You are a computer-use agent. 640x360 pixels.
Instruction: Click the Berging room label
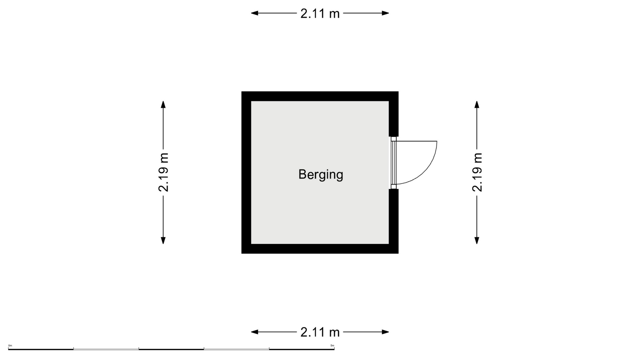[x=321, y=175]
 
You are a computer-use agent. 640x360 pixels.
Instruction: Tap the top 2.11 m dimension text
[x=320, y=14]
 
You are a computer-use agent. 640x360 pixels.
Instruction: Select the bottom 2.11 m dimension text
[x=320, y=332]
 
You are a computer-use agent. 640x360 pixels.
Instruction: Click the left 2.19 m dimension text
[x=163, y=172]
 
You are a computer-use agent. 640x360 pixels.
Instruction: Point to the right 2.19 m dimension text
[x=477, y=172]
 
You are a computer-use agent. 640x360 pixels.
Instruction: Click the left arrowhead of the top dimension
[x=255, y=13]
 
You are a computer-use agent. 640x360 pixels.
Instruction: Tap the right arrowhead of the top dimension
[x=385, y=13]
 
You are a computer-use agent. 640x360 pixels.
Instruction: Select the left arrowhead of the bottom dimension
[x=255, y=332]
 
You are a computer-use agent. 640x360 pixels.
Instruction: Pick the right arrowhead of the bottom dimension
[x=385, y=332]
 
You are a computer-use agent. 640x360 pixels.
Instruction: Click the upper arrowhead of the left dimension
[x=163, y=105]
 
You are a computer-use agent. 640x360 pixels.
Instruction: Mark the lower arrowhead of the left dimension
[x=163, y=240]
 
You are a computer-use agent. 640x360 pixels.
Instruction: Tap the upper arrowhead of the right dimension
[x=477, y=105]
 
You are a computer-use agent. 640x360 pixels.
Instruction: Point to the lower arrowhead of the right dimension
[x=477, y=240]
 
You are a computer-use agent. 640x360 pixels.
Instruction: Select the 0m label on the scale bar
[x=10, y=346]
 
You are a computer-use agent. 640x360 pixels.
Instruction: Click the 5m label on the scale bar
[x=332, y=346]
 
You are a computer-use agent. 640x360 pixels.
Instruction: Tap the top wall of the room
[x=320, y=96]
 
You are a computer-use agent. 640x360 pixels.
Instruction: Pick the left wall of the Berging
[x=246, y=172]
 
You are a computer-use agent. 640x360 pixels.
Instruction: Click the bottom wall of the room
[x=320, y=249]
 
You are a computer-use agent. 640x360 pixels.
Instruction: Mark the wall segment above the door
[x=394, y=114]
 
